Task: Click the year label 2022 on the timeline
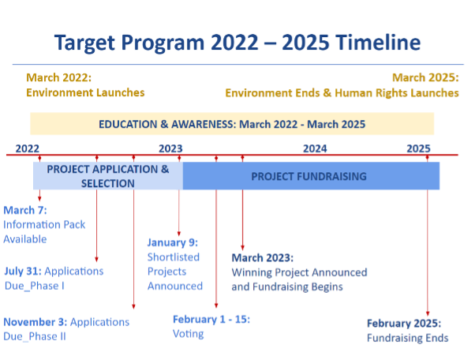tap(28, 148)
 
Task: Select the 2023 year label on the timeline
tap(170, 148)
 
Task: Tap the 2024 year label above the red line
tap(315, 148)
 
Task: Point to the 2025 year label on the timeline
tap(418, 148)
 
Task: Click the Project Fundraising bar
tap(311, 176)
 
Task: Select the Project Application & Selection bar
tap(108, 176)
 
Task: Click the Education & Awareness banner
tap(232, 124)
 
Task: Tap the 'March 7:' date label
tap(25, 210)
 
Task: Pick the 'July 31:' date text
tap(23, 271)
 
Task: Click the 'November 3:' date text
tap(36, 322)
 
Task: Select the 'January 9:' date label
tap(172, 242)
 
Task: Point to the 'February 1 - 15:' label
tap(211, 320)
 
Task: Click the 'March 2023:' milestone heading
tap(262, 257)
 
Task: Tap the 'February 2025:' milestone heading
tap(404, 324)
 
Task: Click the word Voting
tap(188, 334)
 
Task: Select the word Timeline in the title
tap(378, 42)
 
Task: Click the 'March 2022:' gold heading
tap(58, 77)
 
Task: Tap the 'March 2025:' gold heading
tap(425, 77)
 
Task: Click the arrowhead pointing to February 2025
tap(428, 313)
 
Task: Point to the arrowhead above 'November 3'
tap(133, 306)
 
